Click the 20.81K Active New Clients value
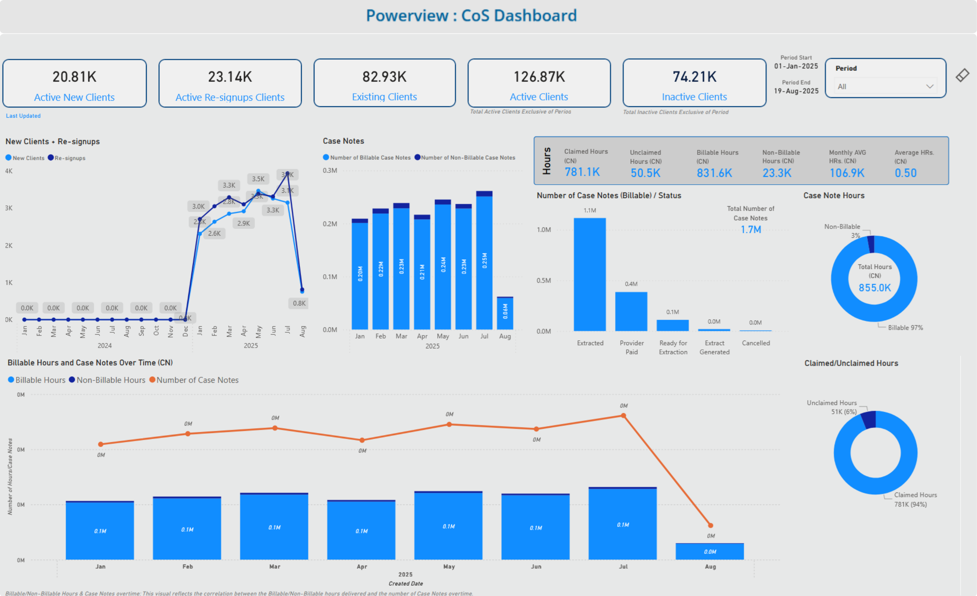pos(74,77)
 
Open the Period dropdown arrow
pos(929,86)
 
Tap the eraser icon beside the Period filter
pos(962,75)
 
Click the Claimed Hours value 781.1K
pos(582,172)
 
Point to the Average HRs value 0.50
pos(905,173)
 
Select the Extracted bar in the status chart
pos(590,274)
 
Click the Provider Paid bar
pos(631,311)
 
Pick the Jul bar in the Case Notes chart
pos(484,262)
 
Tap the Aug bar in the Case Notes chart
pos(505,313)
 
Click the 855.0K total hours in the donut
pos(874,288)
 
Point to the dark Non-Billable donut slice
pos(871,244)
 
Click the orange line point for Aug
pos(710,525)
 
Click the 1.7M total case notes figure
pos(750,230)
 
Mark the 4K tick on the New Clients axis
pos(9,171)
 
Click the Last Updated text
pos(23,116)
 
